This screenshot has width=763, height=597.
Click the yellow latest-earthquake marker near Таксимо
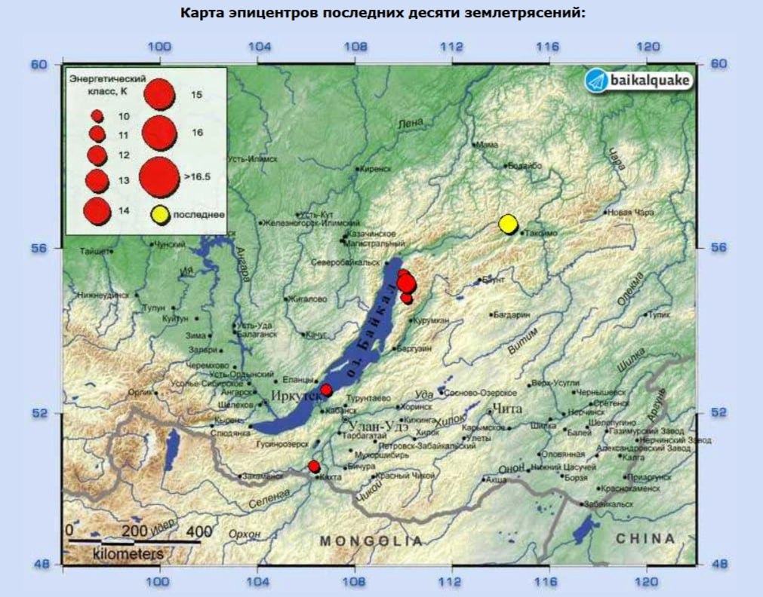(x=508, y=224)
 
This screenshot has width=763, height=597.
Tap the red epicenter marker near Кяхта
(x=314, y=467)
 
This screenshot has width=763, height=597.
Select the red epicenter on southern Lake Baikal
(x=326, y=390)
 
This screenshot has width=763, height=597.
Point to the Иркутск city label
(x=289, y=396)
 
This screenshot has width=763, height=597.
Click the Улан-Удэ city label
(x=376, y=427)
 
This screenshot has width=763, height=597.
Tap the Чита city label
(x=506, y=409)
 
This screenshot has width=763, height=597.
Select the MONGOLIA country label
(x=371, y=540)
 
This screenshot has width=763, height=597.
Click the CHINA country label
(x=645, y=538)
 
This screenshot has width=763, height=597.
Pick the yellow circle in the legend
(x=159, y=215)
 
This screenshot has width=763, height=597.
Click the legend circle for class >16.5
(x=159, y=176)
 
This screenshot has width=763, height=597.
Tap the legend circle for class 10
(x=97, y=116)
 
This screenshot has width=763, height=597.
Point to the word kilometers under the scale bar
(x=128, y=554)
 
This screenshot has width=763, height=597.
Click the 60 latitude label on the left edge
(x=38, y=64)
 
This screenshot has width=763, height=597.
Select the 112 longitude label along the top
(x=451, y=46)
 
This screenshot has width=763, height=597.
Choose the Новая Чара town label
(x=631, y=213)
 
